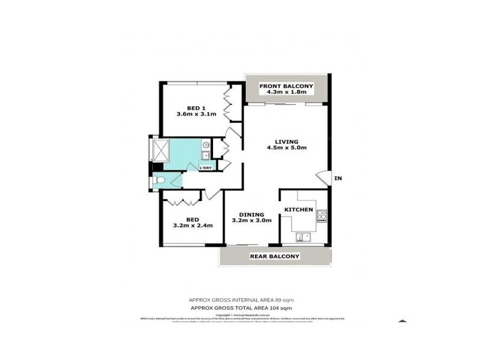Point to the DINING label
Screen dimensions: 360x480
pyautogui.click(x=251, y=214)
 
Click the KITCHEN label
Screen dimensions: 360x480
pyautogui.click(x=298, y=209)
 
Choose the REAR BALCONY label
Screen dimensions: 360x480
pyautogui.click(x=275, y=256)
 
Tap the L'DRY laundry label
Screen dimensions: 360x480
pyautogui.click(x=205, y=167)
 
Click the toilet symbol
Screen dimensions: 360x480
pyautogui.click(x=159, y=180)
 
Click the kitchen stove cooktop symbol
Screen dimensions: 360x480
pyautogui.click(x=322, y=215)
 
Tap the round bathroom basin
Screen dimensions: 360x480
pyautogui.click(x=205, y=145)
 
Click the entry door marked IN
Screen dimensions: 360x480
pyautogui.click(x=322, y=178)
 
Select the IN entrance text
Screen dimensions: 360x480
pyautogui.click(x=338, y=178)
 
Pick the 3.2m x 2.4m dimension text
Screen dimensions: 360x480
pyautogui.click(x=192, y=226)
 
